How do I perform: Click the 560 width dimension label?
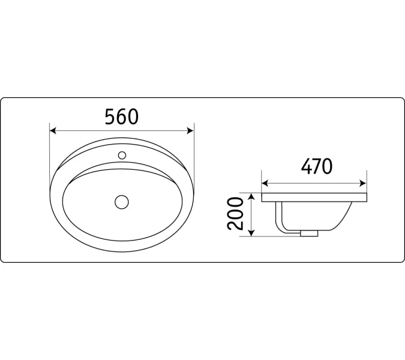(122, 117)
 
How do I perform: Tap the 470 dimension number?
(317, 166)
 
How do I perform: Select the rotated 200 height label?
(235, 214)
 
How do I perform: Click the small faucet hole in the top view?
(122, 155)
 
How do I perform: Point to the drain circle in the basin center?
(122, 202)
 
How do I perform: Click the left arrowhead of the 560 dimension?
(53, 131)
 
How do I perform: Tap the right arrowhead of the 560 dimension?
(190, 131)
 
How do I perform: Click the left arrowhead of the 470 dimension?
(265, 184)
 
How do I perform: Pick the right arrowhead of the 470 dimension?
(363, 184)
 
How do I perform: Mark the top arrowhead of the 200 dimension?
(251, 196)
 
